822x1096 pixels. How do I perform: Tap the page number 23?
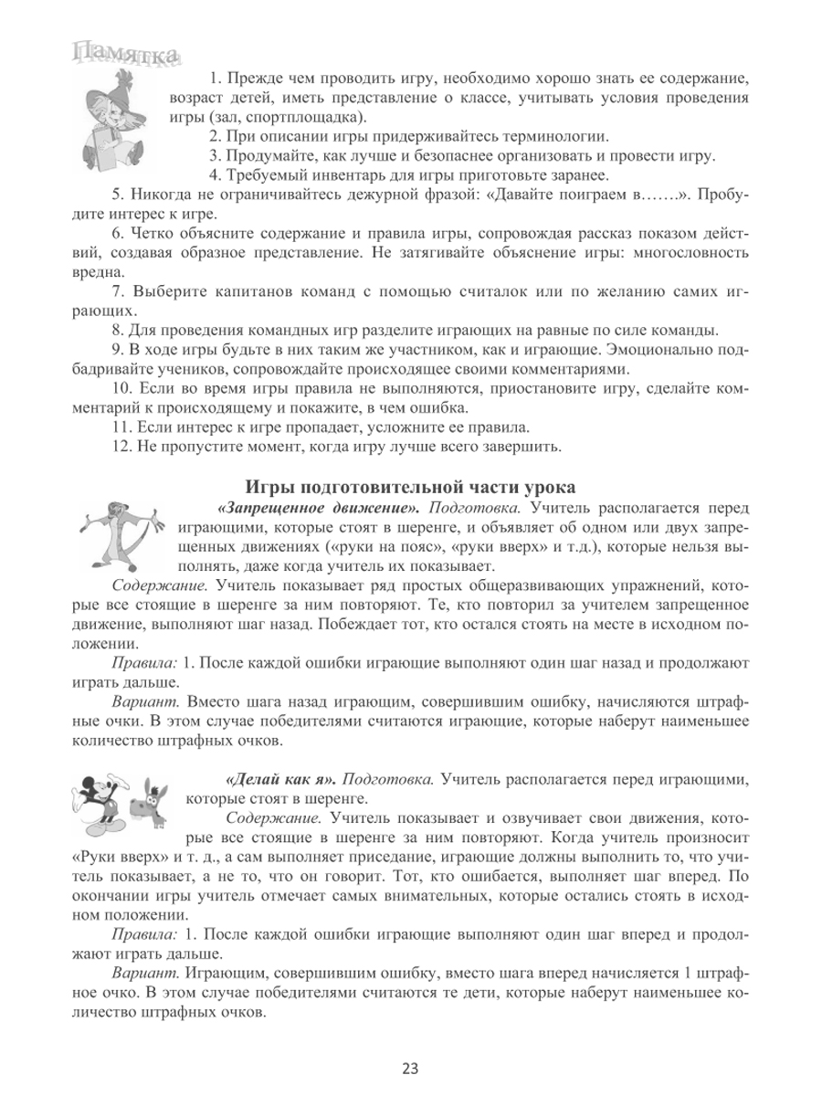pos(410,1068)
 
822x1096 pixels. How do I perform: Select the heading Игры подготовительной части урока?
pos(411,487)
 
